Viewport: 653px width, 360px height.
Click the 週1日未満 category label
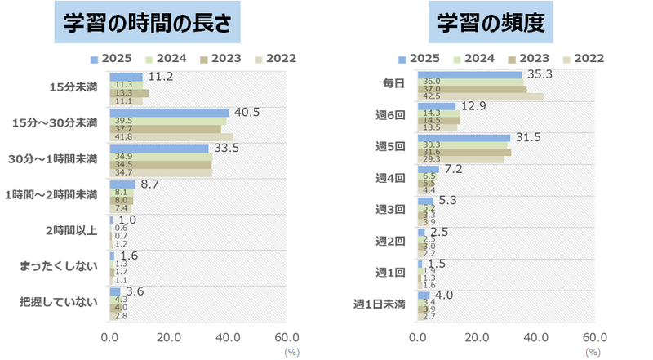tap(380, 304)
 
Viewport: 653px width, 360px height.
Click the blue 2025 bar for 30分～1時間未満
tap(159, 149)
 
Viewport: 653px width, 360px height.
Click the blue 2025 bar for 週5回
tap(464, 138)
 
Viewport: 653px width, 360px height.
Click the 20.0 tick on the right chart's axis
tap(478, 337)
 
